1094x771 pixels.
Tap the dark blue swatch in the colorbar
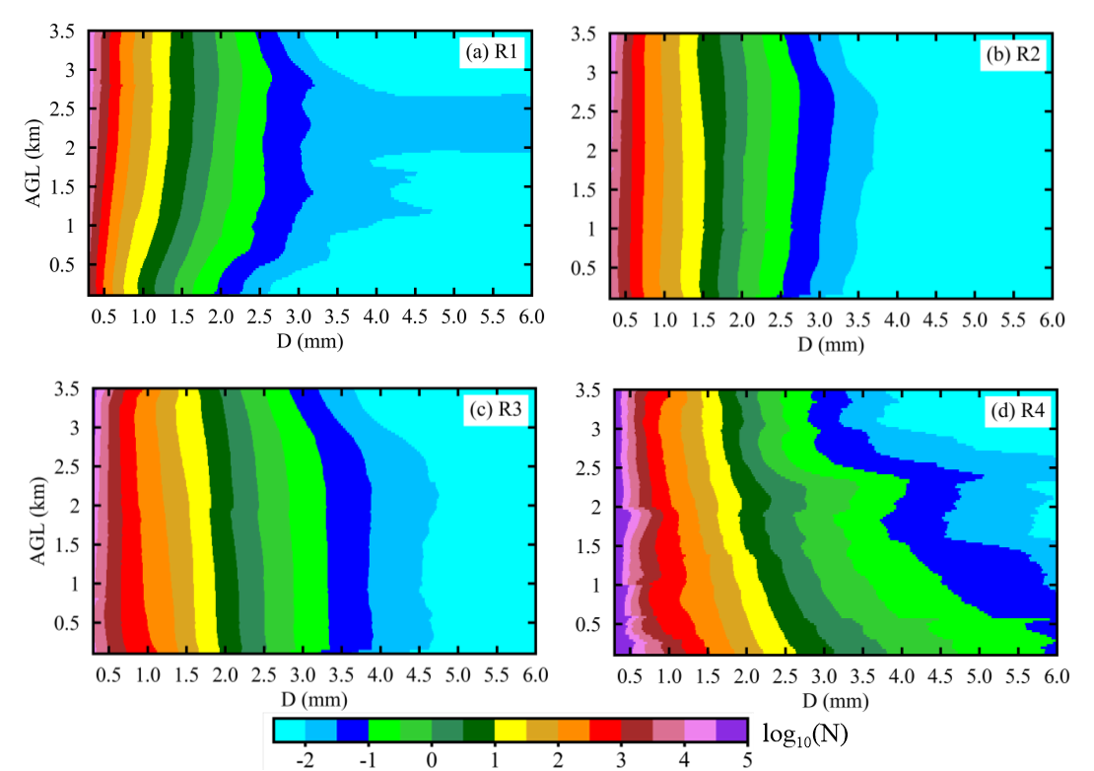pos(352,729)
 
